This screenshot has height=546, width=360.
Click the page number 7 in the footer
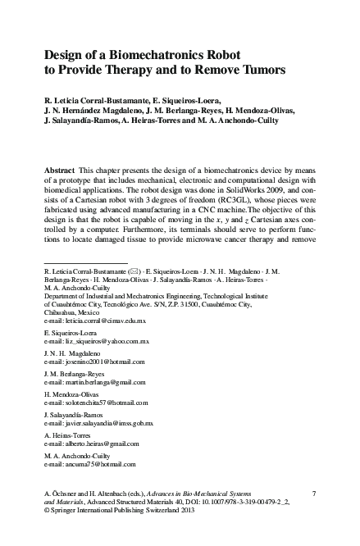(x=315, y=514)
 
